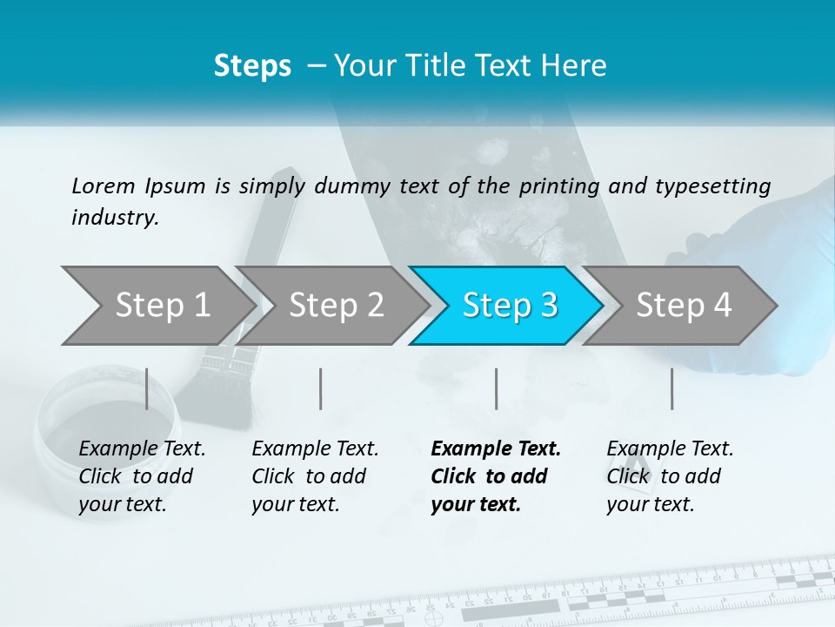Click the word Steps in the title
pyautogui.click(x=252, y=66)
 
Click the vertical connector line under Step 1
pyautogui.click(x=146, y=388)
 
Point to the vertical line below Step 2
pyautogui.click(x=321, y=388)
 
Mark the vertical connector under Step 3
pyautogui.click(x=496, y=388)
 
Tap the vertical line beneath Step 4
pyautogui.click(x=671, y=388)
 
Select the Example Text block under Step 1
pyautogui.click(x=142, y=476)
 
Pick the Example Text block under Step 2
pyautogui.click(x=315, y=476)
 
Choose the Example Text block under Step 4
pyautogui.click(x=670, y=476)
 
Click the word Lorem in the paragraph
pyautogui.click(x=103, y=185)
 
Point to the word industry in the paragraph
pyautogui.click(x=114, y=218)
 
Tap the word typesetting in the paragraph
pyautogui.click(x=708, y=185)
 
